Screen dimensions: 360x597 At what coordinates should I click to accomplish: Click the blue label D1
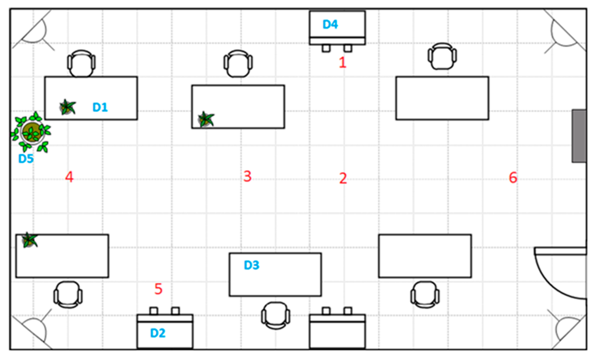100,107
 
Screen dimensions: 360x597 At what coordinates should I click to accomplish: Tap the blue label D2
158,333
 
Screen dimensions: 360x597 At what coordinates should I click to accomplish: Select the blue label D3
251,265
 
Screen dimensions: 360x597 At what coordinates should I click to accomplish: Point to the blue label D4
331,25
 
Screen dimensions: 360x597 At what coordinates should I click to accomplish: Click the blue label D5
26,158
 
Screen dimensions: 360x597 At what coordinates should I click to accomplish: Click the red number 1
343,62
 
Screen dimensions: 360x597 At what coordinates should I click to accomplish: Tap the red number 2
343,178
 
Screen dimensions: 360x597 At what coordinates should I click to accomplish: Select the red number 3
247,176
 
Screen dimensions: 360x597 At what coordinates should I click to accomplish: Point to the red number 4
69,177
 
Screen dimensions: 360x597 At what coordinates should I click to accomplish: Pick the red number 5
159,288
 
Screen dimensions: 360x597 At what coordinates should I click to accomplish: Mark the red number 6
513,177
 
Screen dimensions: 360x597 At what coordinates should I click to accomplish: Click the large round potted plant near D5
31,131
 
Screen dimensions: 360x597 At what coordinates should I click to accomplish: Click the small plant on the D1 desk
67,107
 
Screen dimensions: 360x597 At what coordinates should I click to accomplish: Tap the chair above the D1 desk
81,62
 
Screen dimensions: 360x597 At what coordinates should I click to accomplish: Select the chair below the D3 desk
276,316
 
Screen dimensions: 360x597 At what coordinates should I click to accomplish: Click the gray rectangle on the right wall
578,135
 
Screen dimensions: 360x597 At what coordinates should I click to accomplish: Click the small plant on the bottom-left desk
29,240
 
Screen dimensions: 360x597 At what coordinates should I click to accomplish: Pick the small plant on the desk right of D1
205,120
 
